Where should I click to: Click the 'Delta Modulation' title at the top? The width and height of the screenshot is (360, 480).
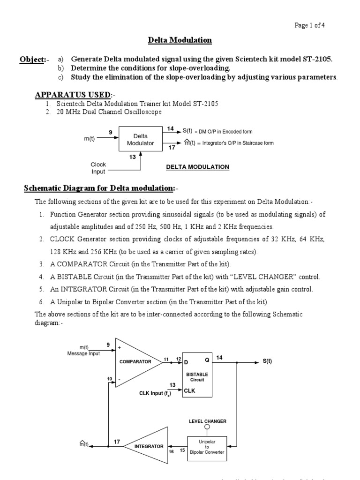[180, 40]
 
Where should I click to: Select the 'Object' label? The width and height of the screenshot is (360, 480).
[31, 60]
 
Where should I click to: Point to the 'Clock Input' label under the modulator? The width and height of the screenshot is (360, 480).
[98, 168]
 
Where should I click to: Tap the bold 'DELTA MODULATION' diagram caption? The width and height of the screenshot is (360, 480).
[198, 167]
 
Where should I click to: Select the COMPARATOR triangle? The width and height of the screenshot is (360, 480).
[135, 362]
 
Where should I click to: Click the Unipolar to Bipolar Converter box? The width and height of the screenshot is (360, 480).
[207, 449]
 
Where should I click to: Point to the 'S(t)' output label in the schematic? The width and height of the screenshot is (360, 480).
[267, 362]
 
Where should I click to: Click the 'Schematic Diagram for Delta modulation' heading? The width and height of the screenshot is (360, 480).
[99, 188]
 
